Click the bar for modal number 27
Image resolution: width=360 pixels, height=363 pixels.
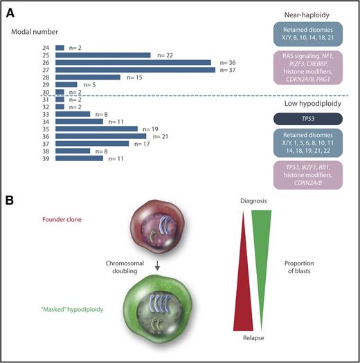point(136,69)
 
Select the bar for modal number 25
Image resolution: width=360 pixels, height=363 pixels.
point(102,55)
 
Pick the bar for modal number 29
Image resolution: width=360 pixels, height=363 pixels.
point(66,84)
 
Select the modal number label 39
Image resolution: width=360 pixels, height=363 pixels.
point(46,158)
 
